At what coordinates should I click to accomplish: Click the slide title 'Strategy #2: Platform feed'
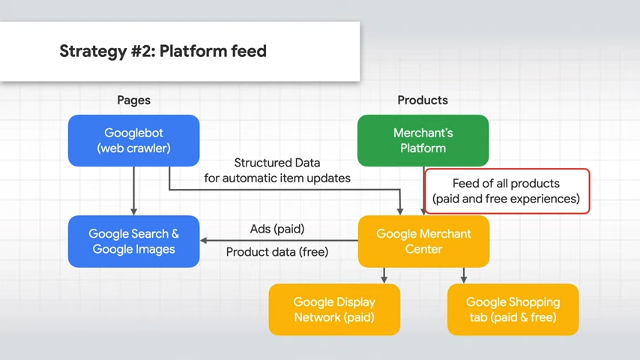point(163,52)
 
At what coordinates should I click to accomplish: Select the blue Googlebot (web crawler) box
point(134,140)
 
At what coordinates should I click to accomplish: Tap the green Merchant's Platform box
point(423,140)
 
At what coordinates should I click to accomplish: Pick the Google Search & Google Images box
point(134,241)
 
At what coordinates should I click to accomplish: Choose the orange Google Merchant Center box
point(423,241)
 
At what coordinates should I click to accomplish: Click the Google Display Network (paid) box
point(334,310)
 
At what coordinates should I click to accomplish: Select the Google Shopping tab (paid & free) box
point(513,310)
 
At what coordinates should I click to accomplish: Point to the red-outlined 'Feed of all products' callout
point(507,191)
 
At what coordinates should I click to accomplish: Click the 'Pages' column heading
point(134,100)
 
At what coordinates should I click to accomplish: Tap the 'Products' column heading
point(423,100)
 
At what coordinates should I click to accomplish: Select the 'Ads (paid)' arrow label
point(277,229)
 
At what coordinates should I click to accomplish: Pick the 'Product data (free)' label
point(277,252)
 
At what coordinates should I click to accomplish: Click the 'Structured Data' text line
point(277,163)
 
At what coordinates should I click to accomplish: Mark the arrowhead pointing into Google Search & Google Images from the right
point(203,241)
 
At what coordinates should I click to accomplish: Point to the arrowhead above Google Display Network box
point(384,280)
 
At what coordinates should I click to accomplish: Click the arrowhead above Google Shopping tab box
point(464,280)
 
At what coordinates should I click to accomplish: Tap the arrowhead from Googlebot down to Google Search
point(134,211)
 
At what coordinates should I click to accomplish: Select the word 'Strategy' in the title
point(93,52)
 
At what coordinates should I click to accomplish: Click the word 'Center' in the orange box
point(423,249)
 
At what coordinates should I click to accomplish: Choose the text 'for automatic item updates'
point(277,178)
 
